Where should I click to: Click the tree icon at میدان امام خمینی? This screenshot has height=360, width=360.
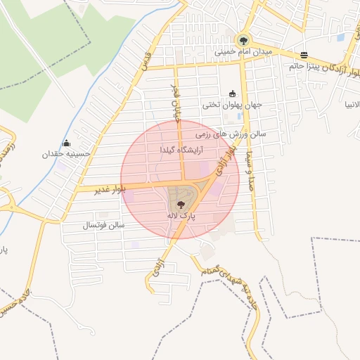pyautogui.click(x=243, y=40)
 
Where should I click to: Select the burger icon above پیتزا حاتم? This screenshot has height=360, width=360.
pyautogui.click(x=304, y=55)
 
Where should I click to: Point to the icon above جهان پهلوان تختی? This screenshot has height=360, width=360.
pyautogui.click(x=232, y=94)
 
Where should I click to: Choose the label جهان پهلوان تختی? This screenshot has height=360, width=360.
pyautogui.click(x=232, y=105)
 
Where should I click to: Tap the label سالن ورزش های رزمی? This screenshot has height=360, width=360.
pyautogui.click(x=229, y=133)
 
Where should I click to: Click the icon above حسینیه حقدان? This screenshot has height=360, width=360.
pyautogui.click(x=67, y=143)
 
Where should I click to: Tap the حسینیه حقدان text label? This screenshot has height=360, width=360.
pyautogui.click(x=67, y=154)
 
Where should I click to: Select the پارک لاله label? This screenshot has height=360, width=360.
pyautogui.click(x=182, y=217)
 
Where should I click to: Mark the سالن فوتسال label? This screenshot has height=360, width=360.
pyautogui.click(x=103, y=225)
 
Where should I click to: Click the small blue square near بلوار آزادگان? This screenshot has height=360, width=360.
pyautogui.click(x=341, y=37)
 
